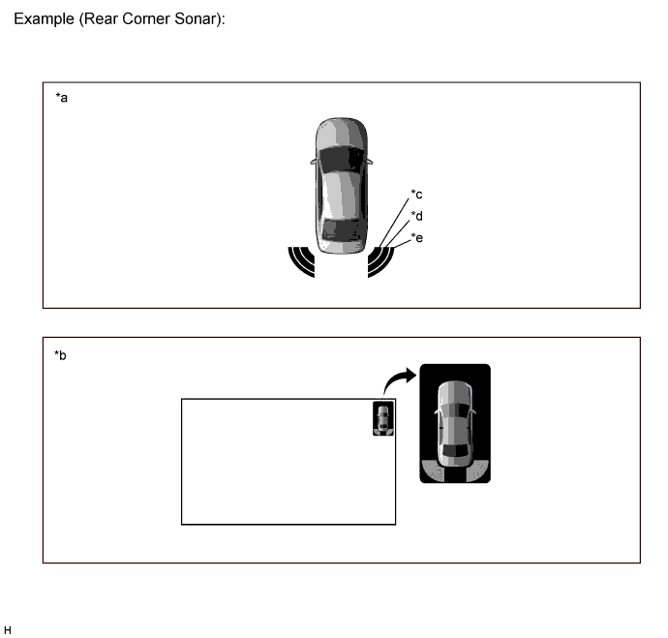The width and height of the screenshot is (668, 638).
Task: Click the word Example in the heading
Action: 44,19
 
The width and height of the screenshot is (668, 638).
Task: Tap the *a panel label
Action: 61,98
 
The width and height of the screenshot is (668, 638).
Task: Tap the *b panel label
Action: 60,355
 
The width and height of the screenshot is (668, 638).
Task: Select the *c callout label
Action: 416,195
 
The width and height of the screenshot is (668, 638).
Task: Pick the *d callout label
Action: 416,216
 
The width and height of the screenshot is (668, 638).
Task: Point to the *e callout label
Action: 416,237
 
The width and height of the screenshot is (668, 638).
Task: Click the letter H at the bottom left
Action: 8,630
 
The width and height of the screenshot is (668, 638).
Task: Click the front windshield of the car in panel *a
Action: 342,159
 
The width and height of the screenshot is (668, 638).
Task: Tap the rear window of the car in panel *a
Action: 342,230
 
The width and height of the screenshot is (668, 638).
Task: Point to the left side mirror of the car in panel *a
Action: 314,162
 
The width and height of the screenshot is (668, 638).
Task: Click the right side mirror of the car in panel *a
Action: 370,162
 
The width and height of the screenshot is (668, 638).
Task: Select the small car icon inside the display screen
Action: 383,418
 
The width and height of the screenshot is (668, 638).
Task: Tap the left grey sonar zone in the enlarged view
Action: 434,471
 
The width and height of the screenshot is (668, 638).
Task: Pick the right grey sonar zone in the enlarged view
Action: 477,471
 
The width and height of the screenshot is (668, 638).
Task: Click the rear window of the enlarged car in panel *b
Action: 455,450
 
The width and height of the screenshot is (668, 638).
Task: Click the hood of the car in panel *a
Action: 342,133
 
